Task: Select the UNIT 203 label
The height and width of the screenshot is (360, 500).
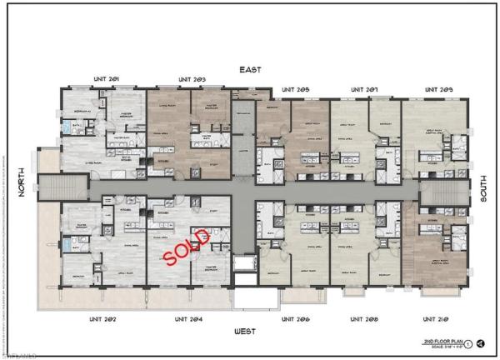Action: click(192, 79)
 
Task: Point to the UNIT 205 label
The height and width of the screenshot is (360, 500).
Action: click(296, 88)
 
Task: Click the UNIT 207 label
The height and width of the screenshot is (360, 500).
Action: click(365, 88)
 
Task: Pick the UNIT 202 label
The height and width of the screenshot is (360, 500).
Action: click(107, 318)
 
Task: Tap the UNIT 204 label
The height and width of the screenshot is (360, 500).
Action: click(189, 318)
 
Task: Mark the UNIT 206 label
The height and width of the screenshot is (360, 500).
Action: click(296, 318)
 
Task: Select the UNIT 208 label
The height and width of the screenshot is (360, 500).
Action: click(365, 318)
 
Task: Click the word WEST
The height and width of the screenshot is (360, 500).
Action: click(245, 331)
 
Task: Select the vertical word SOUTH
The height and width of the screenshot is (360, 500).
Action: click(482, 191)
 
